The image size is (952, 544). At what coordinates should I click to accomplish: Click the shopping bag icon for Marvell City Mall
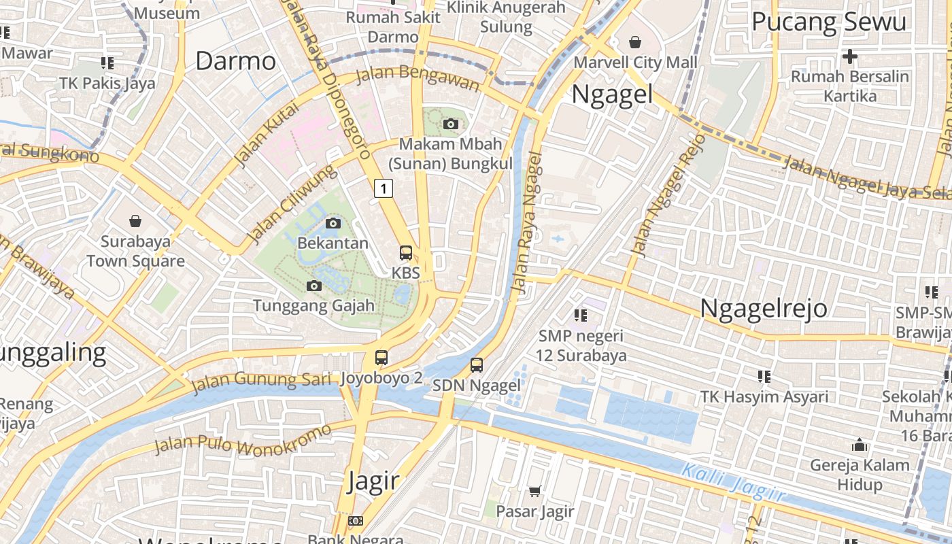click(635, 42)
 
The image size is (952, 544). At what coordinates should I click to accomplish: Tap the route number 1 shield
click(384, 188)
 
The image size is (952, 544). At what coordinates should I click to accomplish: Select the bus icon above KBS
click(406, 253)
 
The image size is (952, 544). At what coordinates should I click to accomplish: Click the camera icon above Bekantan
click(333, 223)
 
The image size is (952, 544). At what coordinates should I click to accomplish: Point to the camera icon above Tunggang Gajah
click(314, 286)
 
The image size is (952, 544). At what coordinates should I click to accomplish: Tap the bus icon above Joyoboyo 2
click(381, 358)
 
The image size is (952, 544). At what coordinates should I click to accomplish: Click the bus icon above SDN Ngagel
click(477, 365)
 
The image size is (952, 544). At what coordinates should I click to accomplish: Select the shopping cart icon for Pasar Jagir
click(535, 491)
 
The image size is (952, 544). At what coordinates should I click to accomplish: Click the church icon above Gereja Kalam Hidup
click(860, 445)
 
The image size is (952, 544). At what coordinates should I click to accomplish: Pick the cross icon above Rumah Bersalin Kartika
click(850, 56)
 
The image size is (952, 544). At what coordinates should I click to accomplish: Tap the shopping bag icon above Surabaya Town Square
click(135, 221)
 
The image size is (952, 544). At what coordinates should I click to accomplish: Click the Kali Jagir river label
click(733, 482)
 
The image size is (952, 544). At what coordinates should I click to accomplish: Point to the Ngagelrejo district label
click(764, 308)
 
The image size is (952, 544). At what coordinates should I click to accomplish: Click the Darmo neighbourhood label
click(235, 61)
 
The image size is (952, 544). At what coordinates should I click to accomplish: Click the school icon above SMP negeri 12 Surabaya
click(580, 315)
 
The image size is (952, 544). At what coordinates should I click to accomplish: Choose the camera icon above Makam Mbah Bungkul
click(450, 124)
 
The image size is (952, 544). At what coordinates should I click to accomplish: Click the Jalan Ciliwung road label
click(291, 203)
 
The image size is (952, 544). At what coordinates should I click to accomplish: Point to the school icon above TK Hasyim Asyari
click(764, 376)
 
